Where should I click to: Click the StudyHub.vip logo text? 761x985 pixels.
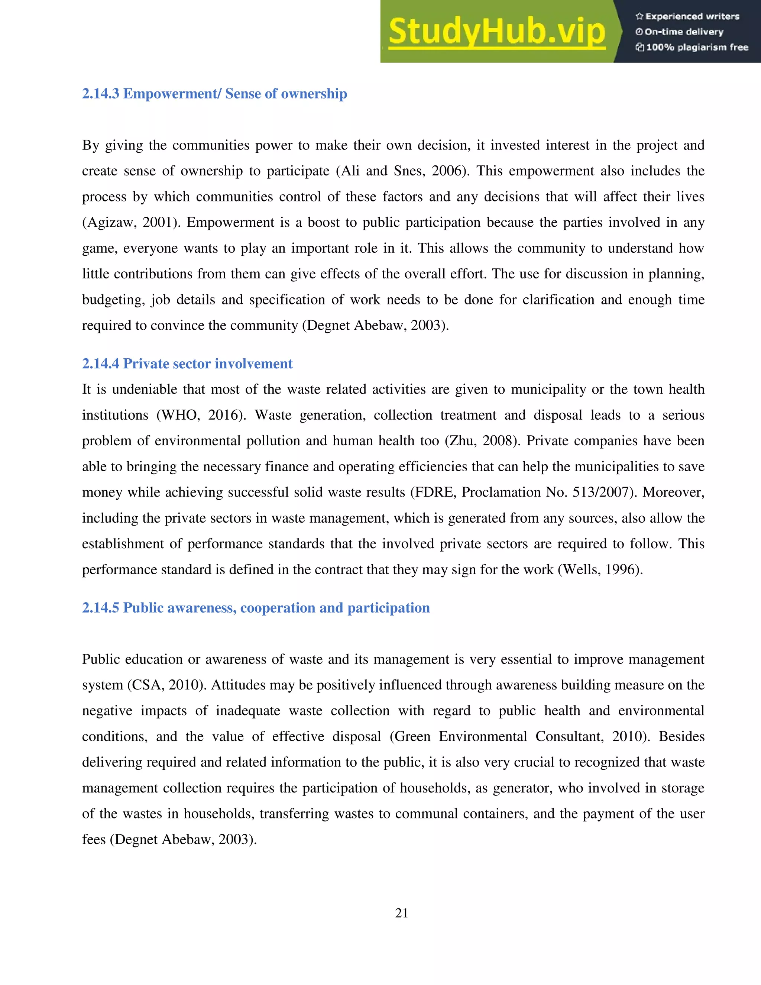pos(496,32)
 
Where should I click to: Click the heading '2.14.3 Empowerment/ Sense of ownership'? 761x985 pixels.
pos(215,94)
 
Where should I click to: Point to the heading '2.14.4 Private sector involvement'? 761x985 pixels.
pos(187,364)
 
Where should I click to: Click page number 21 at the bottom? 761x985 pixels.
pos(401,913)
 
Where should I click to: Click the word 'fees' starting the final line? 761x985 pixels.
pos(93,839)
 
